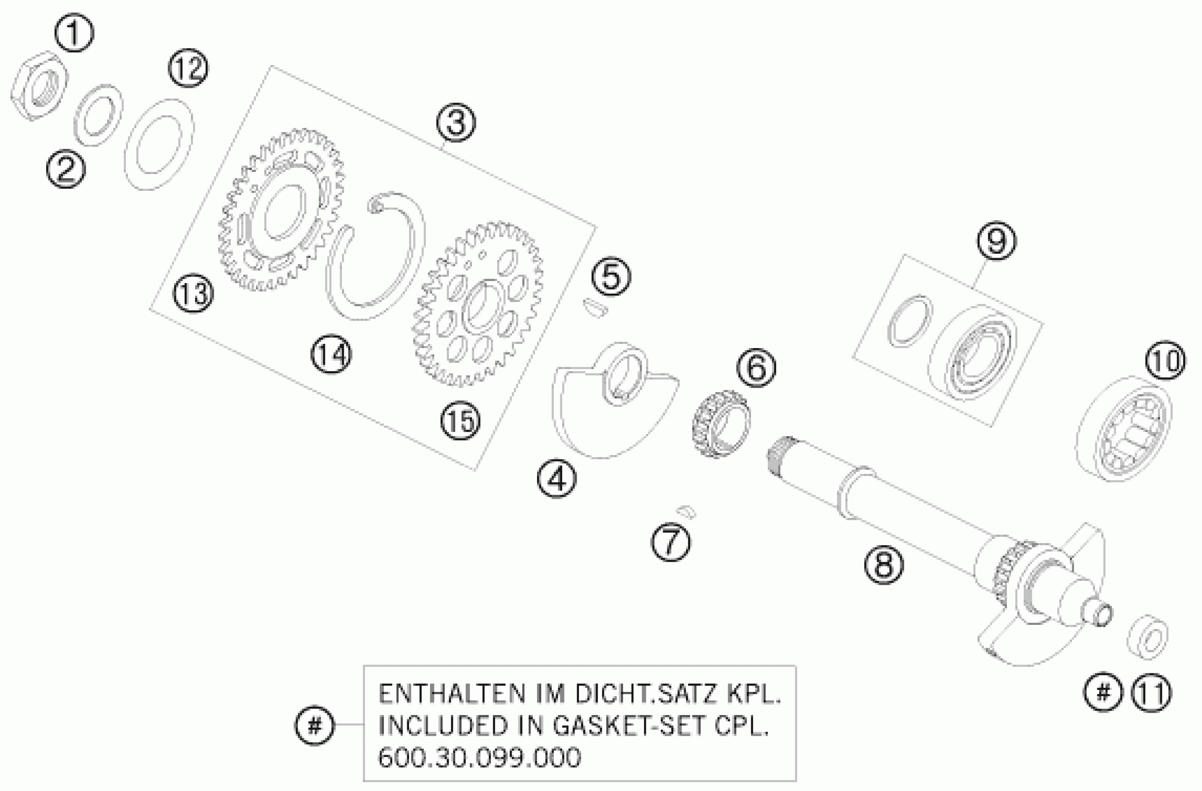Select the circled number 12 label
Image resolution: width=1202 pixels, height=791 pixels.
click(x=188, y=68)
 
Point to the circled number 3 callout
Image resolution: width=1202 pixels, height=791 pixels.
click(x=456, y=122)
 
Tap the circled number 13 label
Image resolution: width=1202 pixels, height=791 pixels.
click(x=193, y=294)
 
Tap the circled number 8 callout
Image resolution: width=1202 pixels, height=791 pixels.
click(x=883, y=565)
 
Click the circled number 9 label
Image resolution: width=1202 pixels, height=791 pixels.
click(x=996, y=241)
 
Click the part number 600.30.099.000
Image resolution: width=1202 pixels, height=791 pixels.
click(x=479, y=757)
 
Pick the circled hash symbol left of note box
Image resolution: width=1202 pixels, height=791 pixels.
click(x=314, y=726)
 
